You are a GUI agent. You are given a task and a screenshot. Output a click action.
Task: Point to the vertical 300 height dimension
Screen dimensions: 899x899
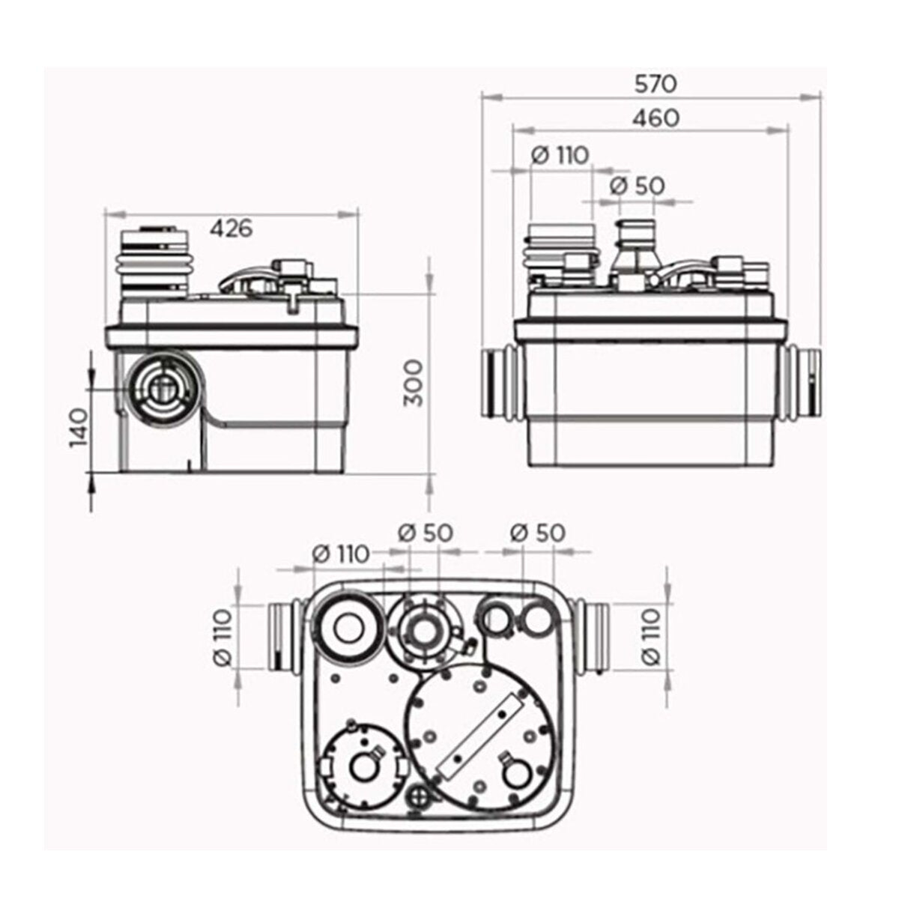click(x=414, y=383)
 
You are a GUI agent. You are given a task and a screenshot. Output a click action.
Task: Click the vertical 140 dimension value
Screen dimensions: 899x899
click(x=78, y=428)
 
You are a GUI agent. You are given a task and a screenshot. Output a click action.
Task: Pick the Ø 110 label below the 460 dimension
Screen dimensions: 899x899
click(x=560, y=155)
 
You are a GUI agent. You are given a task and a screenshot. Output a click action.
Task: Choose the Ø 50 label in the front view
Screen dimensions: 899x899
click(x=636, y=186)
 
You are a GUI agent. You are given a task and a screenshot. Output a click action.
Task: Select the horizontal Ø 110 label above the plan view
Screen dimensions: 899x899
click(x=341, y=554)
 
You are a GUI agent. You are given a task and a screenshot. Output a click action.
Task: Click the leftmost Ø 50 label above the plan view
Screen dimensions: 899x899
click(x=425, y=533)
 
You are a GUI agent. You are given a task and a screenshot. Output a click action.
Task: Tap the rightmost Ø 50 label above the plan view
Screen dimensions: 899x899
click(x=537, y=533)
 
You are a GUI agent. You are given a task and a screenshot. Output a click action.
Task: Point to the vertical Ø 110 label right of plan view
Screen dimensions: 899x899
click(x=650, y=636)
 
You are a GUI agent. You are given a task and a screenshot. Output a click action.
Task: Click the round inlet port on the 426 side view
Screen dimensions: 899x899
click(x=159, y=387)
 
